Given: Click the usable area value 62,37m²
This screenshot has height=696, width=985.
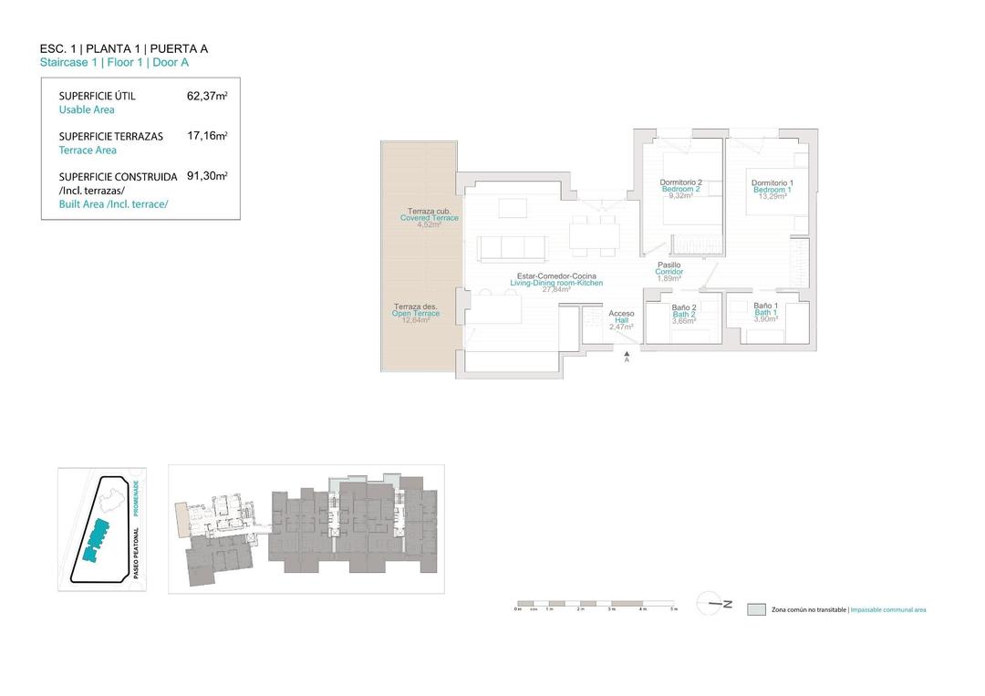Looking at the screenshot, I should tap(207, 95).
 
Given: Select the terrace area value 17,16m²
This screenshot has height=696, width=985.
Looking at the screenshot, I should tap(207, 136).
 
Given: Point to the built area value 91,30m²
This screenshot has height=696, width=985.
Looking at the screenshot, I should tap(207, 176).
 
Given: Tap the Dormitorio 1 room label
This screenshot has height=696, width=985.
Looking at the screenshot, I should tap(772, 183).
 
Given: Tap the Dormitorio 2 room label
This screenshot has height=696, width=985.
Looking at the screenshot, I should tap(680, 182).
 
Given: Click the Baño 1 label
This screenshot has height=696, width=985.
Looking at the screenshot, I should tap(765, 306).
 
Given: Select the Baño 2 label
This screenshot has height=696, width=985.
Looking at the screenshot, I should tap(684, 308).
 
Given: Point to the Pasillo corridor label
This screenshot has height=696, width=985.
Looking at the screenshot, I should tap(669, 265).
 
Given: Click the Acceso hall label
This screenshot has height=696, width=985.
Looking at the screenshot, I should tap(621, 314).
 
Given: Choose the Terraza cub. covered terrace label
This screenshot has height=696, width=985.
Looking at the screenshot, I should tap(429, 212).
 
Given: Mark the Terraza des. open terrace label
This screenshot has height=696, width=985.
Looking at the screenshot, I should tap(416, 306).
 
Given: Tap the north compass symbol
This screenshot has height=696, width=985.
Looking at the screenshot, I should tap(714, 603).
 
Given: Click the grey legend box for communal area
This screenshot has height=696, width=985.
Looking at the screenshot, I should tap(755, 609).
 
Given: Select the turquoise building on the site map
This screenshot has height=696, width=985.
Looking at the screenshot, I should tap(94, 539).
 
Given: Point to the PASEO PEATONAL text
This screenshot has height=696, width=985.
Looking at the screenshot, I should tap(136, 553).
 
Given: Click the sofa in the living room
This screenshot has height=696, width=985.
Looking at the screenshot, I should tap(511, 247).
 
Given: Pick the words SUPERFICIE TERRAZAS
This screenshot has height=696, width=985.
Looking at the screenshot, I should tap(110, 136).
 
